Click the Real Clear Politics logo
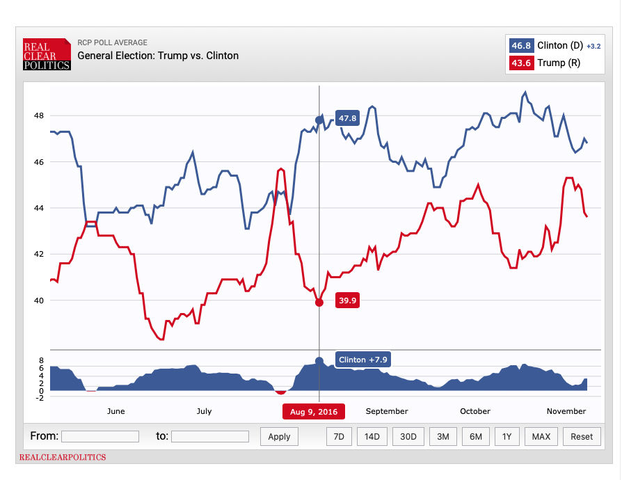(x=47, y=54)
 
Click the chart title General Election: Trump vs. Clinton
(x=158, y=56)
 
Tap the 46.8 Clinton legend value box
(x=520, y=46)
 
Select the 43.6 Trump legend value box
(x=520, y=63)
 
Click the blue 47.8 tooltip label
(x=347, y=118)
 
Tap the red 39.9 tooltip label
(x=347, y=301)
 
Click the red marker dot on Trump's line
(x=319, y=302)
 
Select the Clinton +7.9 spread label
(x=362, y=360)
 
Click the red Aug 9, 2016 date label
(x=313, y=412)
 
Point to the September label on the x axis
(x=386, y=411)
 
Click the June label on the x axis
(x=116, y=411)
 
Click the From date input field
(x=100, y=436)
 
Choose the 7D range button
(x=339, y=436)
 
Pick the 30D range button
(x=408, y=436)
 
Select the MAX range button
(x=541, y=436)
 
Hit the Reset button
(x=582, y=436)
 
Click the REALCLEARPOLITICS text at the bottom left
(x=63, y=457)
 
